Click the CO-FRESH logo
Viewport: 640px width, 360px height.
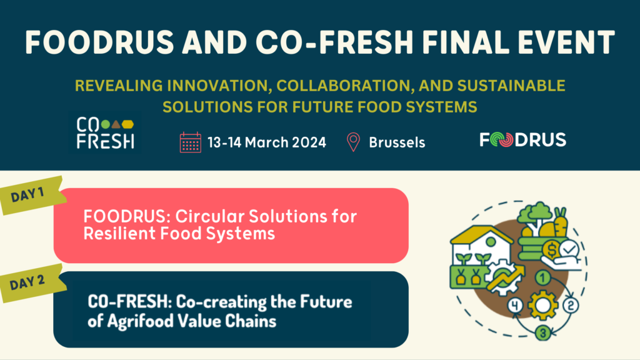click(x=105, y=133)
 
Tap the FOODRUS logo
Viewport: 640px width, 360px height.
click(x=523, y=139)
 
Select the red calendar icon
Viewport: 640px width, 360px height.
click(x=190, y=142)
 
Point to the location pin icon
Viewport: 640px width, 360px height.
click(x=353, y=142)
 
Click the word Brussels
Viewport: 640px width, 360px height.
click(x=397, y=142)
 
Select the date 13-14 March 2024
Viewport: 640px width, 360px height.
click(x=266, y=142)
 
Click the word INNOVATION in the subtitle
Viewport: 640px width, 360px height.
click(x=220, y=86)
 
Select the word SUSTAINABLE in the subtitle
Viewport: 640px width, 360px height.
click(x=511, y=85)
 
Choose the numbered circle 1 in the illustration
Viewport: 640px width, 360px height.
click(x=542, y=278)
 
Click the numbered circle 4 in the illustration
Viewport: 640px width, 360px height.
click(x=515, y=305)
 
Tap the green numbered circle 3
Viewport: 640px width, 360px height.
click(x=543, y=332)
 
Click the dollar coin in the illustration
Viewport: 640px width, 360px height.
click(x=552, y=249)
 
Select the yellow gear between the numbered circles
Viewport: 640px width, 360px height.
click(x=542, y=305)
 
